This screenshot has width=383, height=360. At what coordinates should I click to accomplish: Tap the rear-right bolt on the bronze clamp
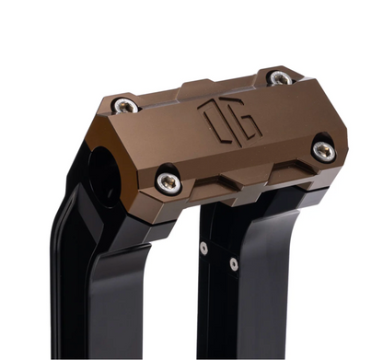(x=279, y=78)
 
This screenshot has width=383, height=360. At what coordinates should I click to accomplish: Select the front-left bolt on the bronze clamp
(x=168, y=181)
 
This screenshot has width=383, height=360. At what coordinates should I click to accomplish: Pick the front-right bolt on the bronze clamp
(x=322, y=150)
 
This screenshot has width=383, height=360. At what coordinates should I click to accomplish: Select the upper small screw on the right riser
(x=203, y=246)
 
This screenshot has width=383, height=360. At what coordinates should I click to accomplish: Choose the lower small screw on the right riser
(x=233, y=264)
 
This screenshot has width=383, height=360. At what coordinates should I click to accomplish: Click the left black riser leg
(x=101, y=285)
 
